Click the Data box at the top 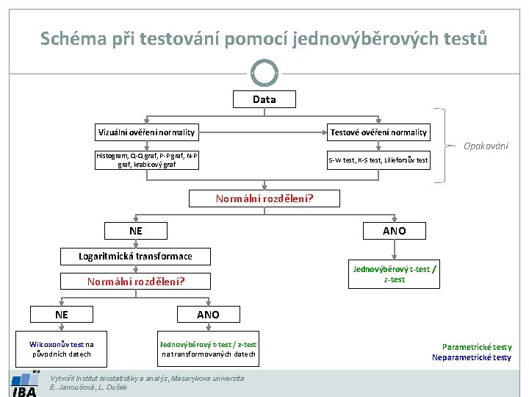(264, 99)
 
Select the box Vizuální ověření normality (147, 132)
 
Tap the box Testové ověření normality (378, 132)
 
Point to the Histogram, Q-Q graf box (147, 160)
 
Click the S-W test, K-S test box (378, 160)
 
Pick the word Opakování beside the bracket (486, 146)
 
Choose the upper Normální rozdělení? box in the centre (264, 198)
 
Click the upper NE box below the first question (136, 231)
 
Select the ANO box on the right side (394, 231)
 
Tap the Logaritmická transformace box (136, 256)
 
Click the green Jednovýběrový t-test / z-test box (394, 274)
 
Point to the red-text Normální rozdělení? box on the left (136, 281)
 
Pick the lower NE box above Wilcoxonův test (62, 315)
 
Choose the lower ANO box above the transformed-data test (208, 315)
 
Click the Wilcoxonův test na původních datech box (62, 348)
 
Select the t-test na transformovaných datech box (209, 348)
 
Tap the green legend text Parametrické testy (477, 347)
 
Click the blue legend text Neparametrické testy (472, 357)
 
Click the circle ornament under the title (264, 73)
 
